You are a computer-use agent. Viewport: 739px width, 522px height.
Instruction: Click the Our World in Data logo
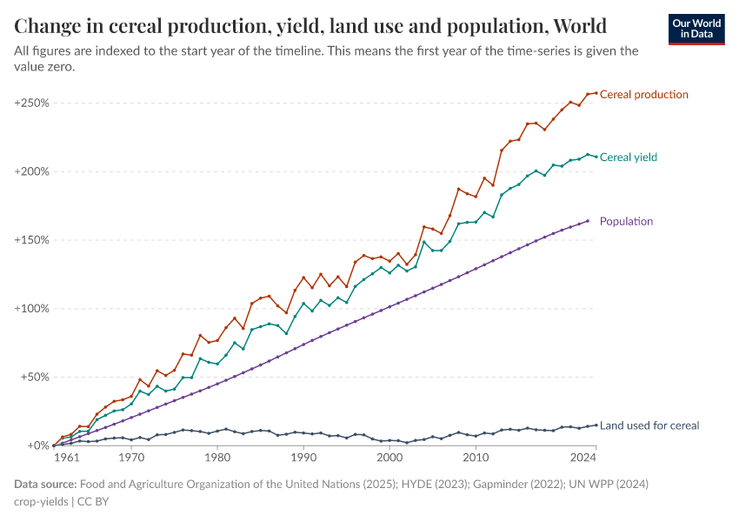click(696, 29)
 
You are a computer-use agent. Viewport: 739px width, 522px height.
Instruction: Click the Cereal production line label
click(643, 94)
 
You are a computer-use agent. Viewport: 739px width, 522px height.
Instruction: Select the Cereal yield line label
click(628, 157)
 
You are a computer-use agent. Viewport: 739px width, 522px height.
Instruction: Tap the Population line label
click(626, 221)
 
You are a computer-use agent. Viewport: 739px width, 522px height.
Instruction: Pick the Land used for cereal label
click(649, 425)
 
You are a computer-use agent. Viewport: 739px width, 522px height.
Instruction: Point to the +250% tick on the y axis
click(31, 103)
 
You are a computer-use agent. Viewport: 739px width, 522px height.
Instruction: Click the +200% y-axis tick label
click(31, 171)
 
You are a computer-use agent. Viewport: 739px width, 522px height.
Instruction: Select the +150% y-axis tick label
click(31, 240)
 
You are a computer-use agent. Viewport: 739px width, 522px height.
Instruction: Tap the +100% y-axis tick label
click(31, 309)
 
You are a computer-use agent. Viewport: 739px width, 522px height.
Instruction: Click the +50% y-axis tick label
click(34, 377)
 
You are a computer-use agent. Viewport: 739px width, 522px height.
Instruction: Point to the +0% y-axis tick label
click(37, 445)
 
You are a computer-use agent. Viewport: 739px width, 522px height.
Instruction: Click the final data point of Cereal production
click(596, 93)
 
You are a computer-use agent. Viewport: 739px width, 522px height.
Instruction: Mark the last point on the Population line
click(588, 221)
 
